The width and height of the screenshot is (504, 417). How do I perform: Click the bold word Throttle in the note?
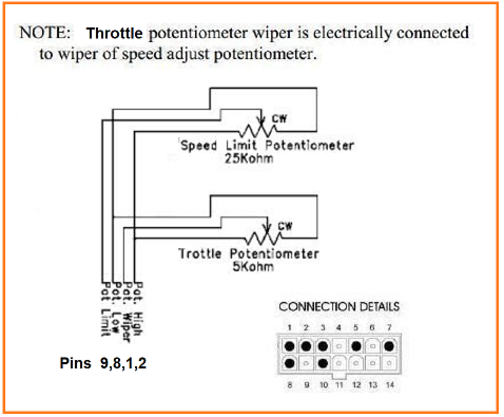point(114,34)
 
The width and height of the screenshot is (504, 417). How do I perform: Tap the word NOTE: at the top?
point(44,33)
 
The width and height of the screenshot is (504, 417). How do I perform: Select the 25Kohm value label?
point(249,158)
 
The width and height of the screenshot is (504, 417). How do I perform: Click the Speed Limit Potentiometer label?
point(267,145)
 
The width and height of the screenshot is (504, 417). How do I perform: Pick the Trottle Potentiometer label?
point(248,254)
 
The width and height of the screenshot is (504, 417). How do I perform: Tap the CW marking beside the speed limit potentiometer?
point(279,119)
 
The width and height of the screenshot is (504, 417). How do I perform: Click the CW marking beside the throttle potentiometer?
point(285,227)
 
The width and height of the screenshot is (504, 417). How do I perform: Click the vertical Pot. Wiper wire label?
point(127,308)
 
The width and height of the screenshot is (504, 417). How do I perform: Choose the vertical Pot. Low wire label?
point(117,308)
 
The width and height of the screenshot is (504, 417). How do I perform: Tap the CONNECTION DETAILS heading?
point(339,307)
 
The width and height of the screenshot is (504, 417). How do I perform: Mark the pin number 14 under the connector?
point(389,385)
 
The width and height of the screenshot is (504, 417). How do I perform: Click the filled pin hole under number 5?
point(356,347)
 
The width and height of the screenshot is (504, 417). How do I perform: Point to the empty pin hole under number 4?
point(340,347)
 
